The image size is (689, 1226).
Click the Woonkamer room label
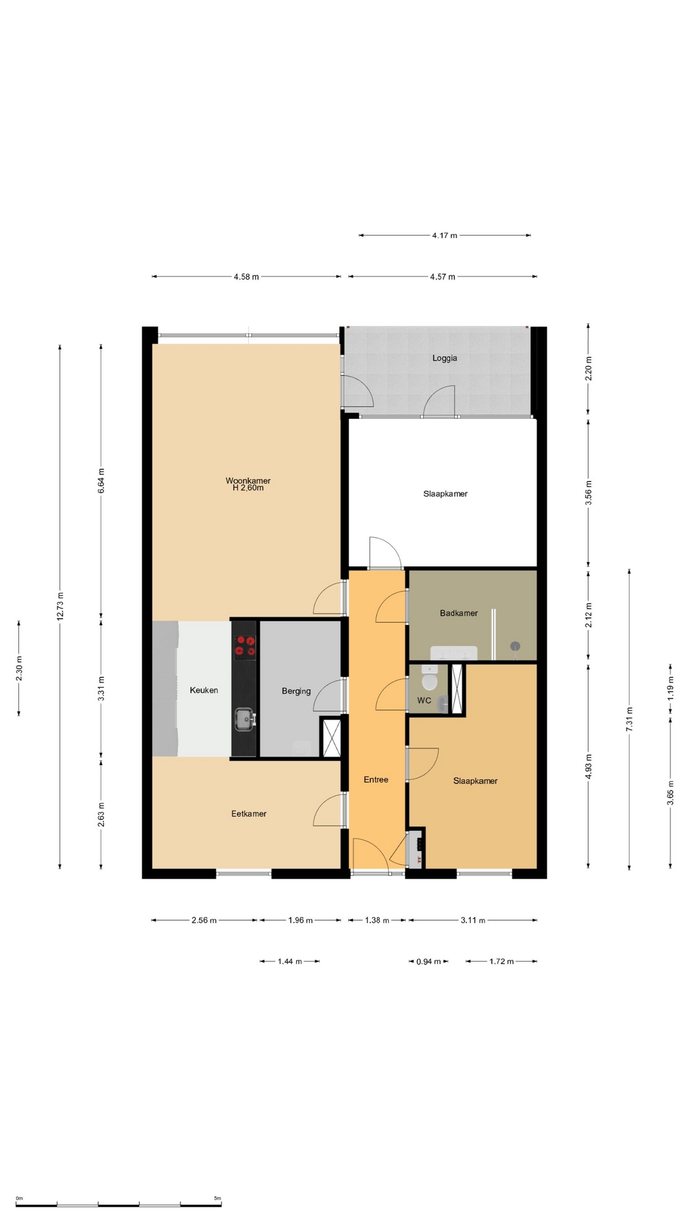(x=248, y=481)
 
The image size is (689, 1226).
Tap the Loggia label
(x=445, y=358)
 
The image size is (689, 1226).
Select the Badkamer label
(x=459, y=613)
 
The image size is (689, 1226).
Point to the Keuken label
(x=204, y=690)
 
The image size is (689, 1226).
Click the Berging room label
(x=296, y=691)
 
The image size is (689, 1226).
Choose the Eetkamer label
(x=249, y=814)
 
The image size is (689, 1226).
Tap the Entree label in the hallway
(x=376, y=780)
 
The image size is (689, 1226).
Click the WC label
(x=424, y=700)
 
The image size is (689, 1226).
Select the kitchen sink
(x=244, y=719)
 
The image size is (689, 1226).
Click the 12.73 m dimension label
(x=60, y=607)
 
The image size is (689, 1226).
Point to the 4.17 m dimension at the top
(x=445, y=236)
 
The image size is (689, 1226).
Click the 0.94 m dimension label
(x=429, y=962)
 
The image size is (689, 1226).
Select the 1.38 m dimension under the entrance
(x=376, y=921)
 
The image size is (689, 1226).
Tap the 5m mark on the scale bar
(x=218, y=1199)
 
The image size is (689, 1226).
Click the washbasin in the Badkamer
(x=454, y=653)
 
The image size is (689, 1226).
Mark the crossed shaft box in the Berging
(x=330, y=738)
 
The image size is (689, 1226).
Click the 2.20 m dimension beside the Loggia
(x=589, y=368)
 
